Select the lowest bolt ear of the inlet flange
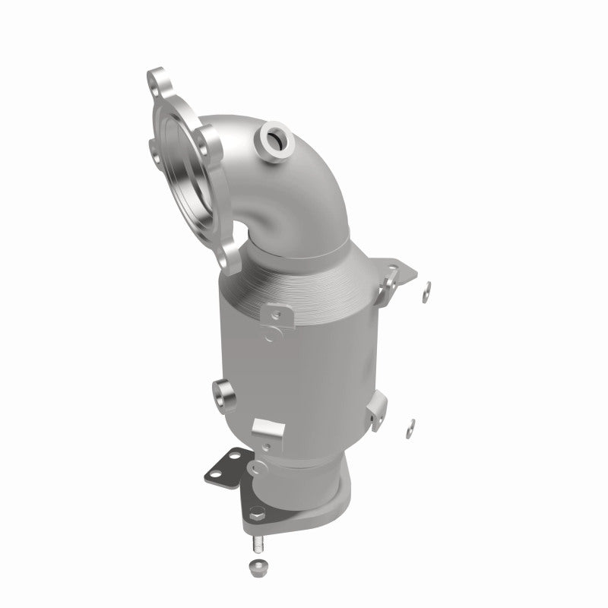(x=228, y=258)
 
